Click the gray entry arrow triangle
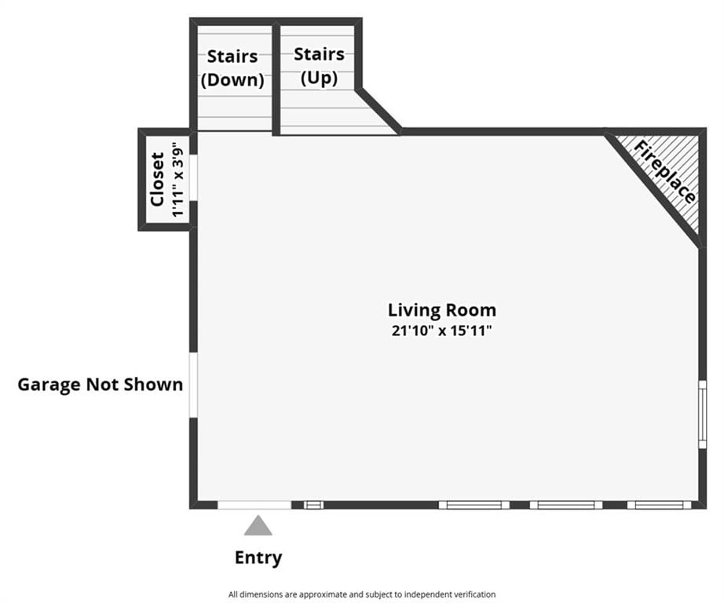tap(258, 526)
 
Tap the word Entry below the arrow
tap(258, 557)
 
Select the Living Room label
tap(442, 310)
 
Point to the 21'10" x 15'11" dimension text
tap(442, 331)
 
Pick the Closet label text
tap(158, 179)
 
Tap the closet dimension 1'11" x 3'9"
tap(178, 180)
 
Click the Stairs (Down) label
tap(232, 68)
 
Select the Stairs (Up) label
tap(319, 66)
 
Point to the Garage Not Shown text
tap(101, 384)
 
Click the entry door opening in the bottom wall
tap(254, 505)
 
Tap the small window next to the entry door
tap(313, 505)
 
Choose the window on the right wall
tap(702, 414)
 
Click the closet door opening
tap(193, 177)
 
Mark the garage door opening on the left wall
tap(193, 386)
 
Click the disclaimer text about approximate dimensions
tap(362, 594)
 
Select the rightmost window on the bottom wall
tap(660, 505)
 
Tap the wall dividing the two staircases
tap(276, 79)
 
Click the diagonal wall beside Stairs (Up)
tap(378, 110)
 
